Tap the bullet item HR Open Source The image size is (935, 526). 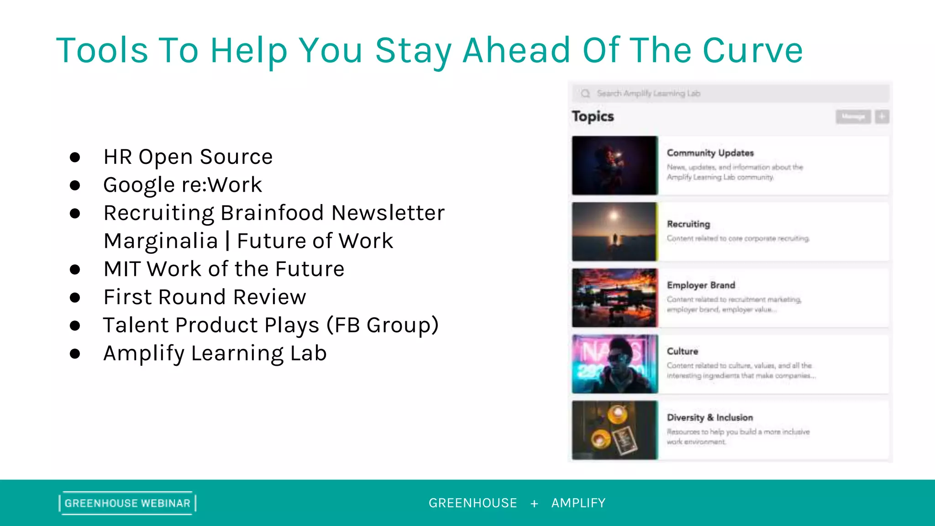pos(188,157)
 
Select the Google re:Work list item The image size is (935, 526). pos(183,185)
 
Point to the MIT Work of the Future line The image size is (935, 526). pos(224,269)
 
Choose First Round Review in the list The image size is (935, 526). pos(205,297)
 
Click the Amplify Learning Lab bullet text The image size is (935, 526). pos(215,353)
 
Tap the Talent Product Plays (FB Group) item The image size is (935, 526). pos(271,325)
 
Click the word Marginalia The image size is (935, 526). pos(161,241)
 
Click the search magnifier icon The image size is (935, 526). pos(585,94)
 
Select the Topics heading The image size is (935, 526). pos(593,116)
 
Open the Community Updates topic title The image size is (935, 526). pos(710,153)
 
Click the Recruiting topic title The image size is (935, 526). pos(688,224)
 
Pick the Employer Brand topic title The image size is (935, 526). pos(701,285)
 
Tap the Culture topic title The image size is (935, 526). pos(682,351)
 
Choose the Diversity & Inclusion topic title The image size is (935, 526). pos(709,417)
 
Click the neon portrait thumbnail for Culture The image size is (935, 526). pos(615,364)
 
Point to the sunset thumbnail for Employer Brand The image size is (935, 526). pos(615,298)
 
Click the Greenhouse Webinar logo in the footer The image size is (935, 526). pos(127,503)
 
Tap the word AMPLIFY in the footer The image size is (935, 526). pos(578,503)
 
